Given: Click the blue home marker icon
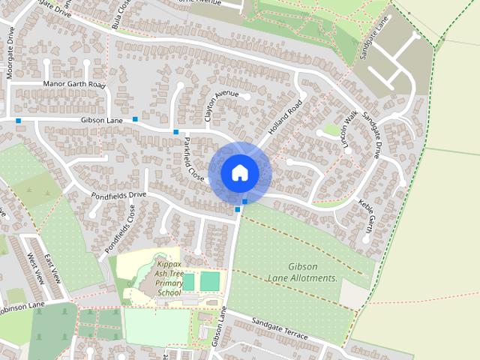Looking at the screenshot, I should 239,172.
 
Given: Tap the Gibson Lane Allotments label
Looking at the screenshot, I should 303,272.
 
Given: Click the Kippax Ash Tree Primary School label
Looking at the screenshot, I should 170,278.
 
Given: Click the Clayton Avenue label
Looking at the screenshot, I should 221,106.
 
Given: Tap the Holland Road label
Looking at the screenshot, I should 284,117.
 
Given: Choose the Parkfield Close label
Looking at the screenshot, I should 194,158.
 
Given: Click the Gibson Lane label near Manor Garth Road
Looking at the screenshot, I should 102,120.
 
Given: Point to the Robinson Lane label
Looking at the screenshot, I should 22,306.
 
